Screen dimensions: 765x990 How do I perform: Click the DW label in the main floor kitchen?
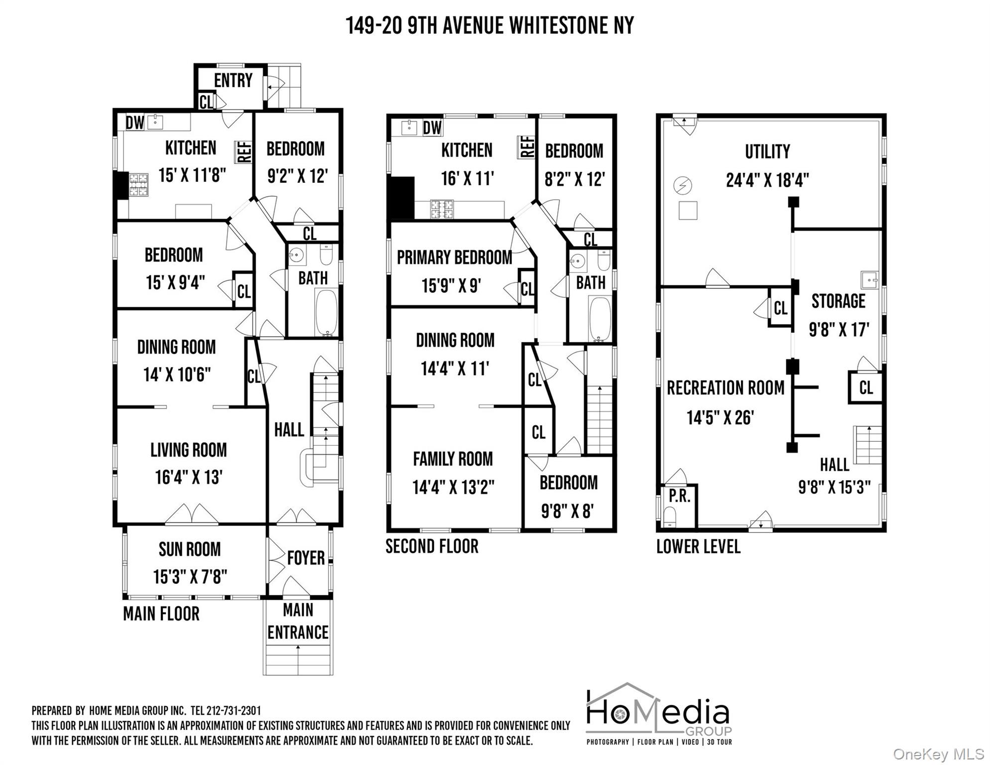tap(134, 123)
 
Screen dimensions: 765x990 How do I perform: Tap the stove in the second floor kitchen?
tap(442, 209)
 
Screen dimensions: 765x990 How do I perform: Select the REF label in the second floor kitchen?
tap(527, 147)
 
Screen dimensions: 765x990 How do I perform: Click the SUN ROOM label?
tap(189, 549)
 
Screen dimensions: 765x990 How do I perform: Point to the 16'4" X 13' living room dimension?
tap(188, 477)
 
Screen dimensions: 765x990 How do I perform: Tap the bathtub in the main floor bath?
tap(326, 312)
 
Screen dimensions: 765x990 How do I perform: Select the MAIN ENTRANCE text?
tap(298, 622)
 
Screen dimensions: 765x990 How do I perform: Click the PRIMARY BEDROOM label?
tap(454, 257)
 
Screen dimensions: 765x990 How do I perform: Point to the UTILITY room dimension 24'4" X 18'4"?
tap(767, 180)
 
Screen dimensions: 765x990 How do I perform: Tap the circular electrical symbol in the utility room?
tap(683, 186)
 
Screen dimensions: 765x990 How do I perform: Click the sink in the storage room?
tap(869, 280)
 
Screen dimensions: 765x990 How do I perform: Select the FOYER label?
tap(306, 558)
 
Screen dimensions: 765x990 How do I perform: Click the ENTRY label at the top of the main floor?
tap(233, 80)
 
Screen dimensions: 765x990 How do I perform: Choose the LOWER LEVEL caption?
tap(698, 547)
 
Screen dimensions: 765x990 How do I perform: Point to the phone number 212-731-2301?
tap(233, 711)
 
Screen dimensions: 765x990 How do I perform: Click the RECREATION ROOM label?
tap(725, 388)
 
